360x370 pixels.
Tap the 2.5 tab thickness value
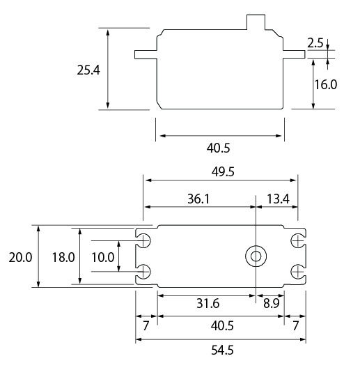315,43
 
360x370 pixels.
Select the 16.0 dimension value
326,84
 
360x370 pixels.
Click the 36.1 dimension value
198,199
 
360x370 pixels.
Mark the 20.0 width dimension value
21,257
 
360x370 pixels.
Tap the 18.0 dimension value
63,257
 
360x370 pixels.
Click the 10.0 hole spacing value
102,257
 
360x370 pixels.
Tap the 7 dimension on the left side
146,326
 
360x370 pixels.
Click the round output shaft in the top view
256,256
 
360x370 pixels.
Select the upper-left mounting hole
145,240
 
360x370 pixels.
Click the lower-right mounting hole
297,272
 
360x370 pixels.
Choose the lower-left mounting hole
145,272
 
